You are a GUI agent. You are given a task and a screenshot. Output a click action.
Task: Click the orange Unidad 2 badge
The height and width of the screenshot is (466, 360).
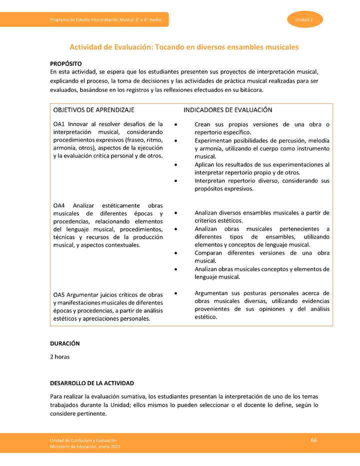[304, 19]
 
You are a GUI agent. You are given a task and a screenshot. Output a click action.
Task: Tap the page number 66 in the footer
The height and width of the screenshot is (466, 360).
[314, 440]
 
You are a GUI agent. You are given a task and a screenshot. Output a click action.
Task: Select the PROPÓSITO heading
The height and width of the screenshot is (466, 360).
[66, 64]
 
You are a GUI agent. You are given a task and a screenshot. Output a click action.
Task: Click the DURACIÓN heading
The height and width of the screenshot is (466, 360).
[65, 344]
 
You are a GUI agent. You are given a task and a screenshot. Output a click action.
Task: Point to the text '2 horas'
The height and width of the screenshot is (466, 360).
[60, 357]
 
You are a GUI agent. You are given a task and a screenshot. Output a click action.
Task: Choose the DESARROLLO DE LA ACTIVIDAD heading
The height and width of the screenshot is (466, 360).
[92, 383]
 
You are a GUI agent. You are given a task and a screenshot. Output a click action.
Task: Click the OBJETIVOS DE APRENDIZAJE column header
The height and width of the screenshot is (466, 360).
[94, 110]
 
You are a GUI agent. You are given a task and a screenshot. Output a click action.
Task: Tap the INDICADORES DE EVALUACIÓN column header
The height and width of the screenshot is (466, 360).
[227, 110]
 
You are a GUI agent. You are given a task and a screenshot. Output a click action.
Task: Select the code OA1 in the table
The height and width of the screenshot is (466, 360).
[59, 124]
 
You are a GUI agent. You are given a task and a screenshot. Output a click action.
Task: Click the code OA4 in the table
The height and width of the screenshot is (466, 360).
[59, 205]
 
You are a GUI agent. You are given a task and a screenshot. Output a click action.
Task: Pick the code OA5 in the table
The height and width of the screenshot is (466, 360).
[59, 294]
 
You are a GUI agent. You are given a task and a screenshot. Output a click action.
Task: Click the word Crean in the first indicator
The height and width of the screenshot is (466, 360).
[203, 124]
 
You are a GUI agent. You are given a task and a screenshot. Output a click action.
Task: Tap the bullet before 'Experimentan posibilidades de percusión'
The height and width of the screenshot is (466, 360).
[176, 141]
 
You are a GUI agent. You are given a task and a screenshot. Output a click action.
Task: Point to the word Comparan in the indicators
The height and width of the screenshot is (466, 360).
[209, 253]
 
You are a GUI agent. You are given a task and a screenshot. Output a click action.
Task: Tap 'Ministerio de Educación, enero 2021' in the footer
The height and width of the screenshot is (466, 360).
[85, 446]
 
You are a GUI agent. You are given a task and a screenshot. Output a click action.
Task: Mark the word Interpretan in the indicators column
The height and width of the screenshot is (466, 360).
[211, 181]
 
